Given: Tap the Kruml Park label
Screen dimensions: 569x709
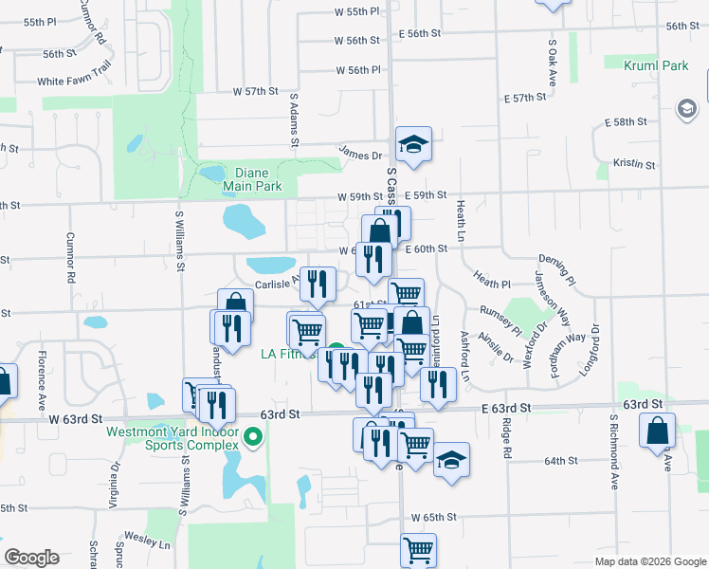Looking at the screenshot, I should pos(656,66).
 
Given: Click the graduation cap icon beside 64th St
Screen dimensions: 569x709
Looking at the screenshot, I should pos(452,461).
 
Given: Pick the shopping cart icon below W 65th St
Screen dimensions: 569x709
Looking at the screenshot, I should pos(418,549).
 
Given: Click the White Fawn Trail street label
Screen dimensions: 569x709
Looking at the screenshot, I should pos(75,82).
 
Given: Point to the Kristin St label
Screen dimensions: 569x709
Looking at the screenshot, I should pos(634,164).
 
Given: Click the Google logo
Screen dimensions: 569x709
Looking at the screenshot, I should pos(31,558).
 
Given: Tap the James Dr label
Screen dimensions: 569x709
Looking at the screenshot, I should pos(360,155).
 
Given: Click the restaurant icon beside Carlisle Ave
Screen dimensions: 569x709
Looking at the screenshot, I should pos(317,282).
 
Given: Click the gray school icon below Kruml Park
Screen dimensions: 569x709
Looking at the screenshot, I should pos(685,110).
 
